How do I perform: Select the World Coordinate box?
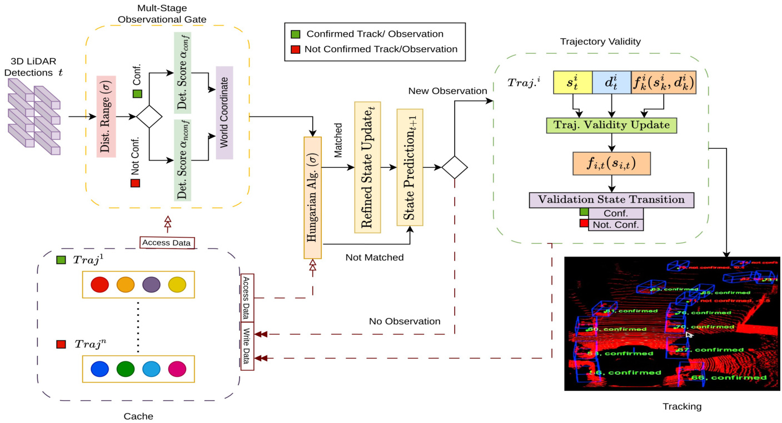224,113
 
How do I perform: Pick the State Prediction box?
410,167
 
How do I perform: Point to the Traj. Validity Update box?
612,124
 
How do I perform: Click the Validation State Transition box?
611,200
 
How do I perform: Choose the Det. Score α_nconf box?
182,160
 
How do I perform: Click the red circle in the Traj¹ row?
99,284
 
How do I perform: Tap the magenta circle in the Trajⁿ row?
177,369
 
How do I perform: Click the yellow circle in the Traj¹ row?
177,284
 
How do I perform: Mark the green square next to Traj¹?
62,260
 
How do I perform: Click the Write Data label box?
247,346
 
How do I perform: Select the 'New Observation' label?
447,90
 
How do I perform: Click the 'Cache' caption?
138,416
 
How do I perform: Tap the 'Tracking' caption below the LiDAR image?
682,406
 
